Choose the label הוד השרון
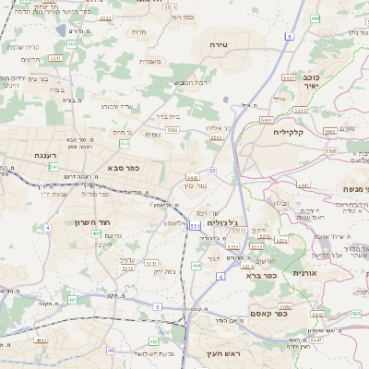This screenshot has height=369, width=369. tap(93, 222)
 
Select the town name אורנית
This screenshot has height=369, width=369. tap(304, 273)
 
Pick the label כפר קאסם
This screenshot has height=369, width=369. tap(270, 314)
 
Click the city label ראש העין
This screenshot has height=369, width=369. tap(221, 354)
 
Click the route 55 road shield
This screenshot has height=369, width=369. tap(212, 171)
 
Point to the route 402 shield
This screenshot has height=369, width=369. tap(96, 234)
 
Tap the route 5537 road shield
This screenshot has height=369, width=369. tap(289, 78)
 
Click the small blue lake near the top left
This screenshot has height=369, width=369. tap(60, 30)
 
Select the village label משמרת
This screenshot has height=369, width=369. tap(150, 62)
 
